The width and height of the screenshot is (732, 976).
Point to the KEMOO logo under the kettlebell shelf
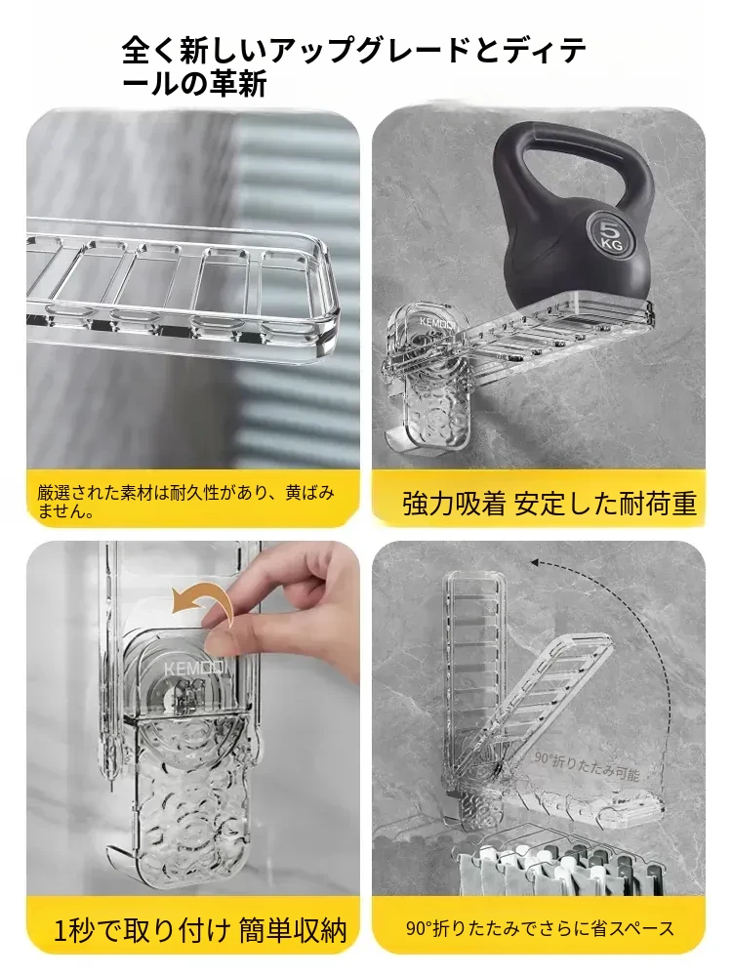coord(436,322)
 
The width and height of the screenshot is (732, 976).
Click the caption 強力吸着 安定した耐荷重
coord(549,503)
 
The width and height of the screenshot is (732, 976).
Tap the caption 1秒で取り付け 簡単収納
coord(200,930)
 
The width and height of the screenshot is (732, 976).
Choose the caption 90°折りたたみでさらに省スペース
coord(540,929)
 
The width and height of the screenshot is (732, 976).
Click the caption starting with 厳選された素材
coord(185,502)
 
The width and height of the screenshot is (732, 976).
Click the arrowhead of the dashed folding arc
coord(535,563)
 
